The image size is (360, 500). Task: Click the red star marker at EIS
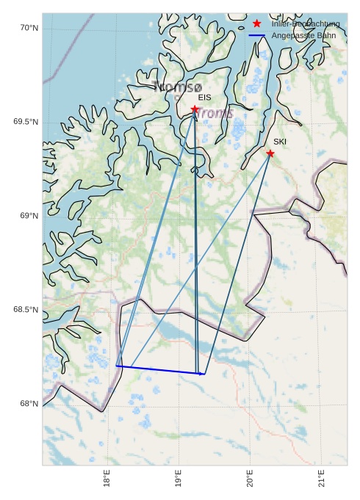(195, 109)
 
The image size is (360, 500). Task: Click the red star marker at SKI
(270, 153)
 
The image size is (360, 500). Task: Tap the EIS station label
(204, 97)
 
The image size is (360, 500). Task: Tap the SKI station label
(280, 142)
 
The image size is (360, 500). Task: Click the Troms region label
(215, 113)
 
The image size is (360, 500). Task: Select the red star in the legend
(256, 23)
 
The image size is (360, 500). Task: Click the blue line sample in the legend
(256, 35)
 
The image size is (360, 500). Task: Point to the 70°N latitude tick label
(29, 28)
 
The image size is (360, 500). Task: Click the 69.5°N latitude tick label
(26, 122)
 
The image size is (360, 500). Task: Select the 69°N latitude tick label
(29, 216)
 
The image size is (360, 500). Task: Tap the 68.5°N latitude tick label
(26, 310)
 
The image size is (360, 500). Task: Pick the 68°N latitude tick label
(29, 404)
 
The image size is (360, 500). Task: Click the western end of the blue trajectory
(117, 366)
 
